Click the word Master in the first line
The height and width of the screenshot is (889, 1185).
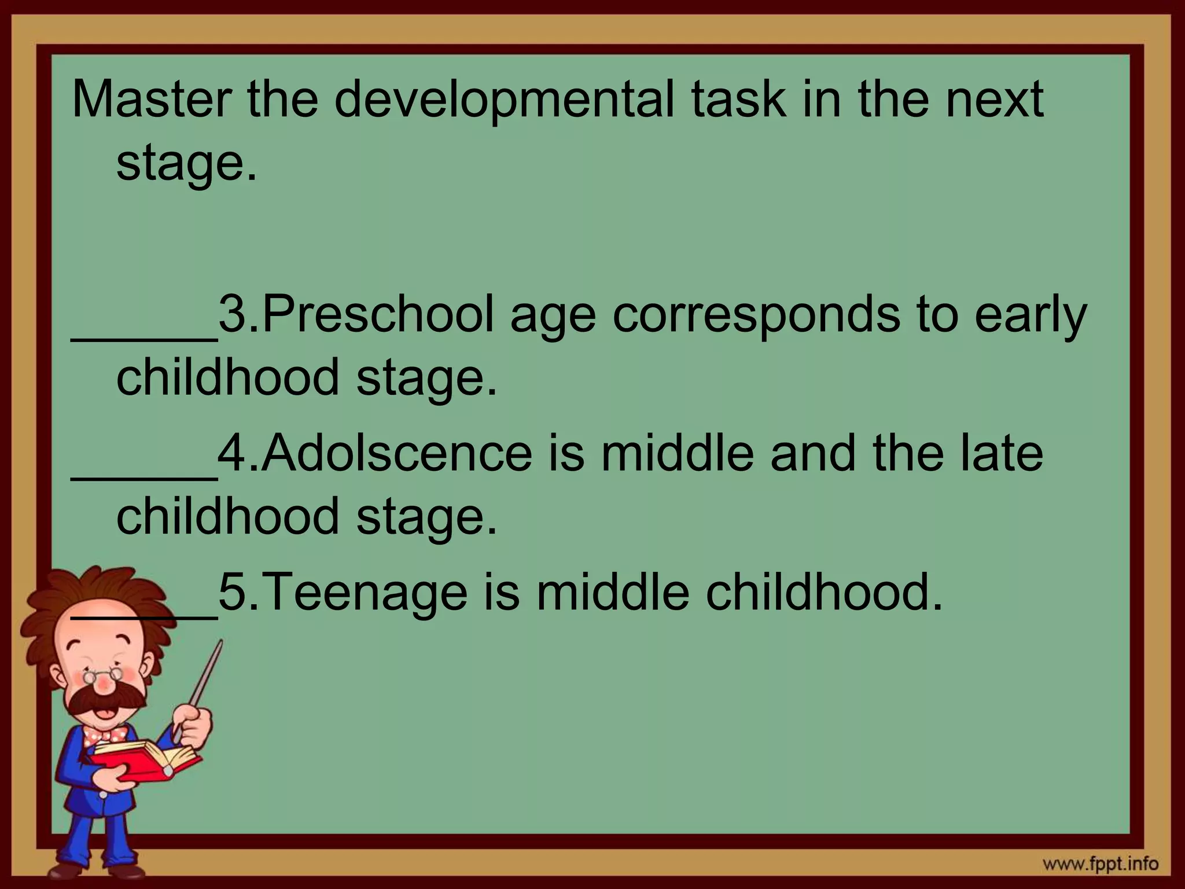tap(150, 99)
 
